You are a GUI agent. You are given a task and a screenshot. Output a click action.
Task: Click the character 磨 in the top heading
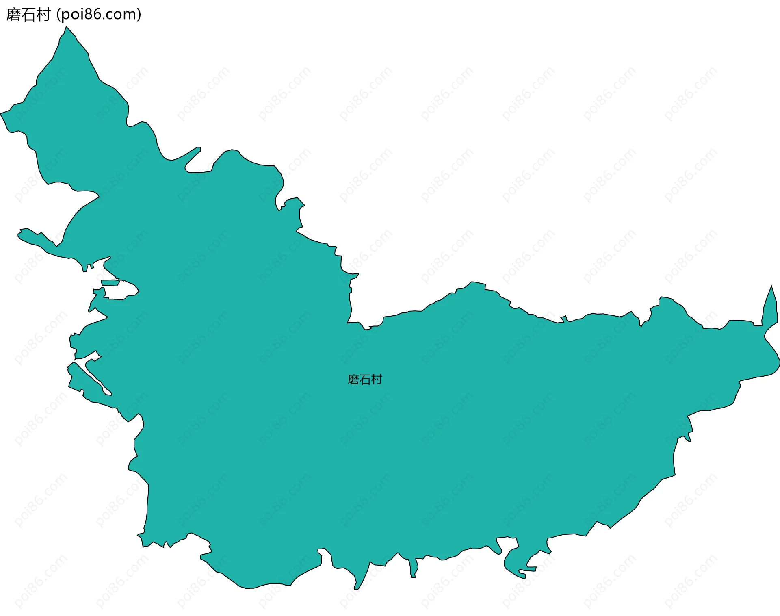(13, 15)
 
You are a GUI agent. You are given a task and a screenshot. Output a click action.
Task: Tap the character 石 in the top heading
(28, 15)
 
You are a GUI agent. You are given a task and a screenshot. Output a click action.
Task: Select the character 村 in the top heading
(43, 15)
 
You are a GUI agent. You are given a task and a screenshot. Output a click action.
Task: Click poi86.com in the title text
(99, 15)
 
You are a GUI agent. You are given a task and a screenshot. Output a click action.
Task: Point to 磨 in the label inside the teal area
(353, 380)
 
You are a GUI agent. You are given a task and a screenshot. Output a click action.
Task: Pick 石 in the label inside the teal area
(365, 380)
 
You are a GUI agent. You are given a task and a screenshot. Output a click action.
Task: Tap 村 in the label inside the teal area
(377, 380)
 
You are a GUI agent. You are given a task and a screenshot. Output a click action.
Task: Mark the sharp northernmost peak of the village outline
(66, 28)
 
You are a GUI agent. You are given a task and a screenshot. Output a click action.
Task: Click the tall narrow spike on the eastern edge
(771, 303)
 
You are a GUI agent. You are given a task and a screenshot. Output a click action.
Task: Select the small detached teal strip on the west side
(110, 282)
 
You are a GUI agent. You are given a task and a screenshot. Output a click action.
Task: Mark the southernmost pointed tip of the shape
(356, 588)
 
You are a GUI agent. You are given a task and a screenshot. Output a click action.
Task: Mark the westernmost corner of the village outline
(1, 113)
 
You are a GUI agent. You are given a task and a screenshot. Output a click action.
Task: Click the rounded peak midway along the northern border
(472, 284)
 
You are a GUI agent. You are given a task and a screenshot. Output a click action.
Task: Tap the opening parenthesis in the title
(58, 15)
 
